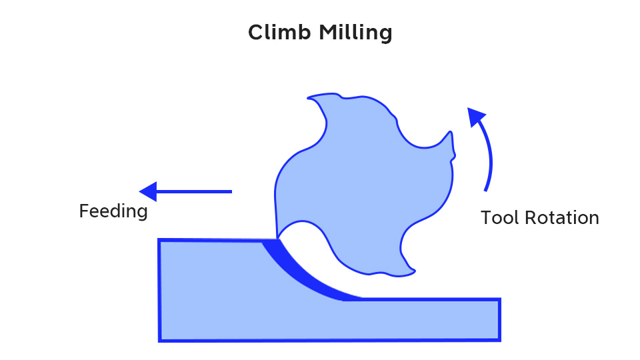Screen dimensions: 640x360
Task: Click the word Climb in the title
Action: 279,32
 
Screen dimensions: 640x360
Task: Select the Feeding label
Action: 113,211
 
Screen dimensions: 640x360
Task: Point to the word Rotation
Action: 562,217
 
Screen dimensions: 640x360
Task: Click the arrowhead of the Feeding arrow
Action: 148,191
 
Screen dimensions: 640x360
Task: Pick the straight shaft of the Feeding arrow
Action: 194,191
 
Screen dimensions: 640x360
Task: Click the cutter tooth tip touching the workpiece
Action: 277,238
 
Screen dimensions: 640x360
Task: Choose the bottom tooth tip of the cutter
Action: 414,271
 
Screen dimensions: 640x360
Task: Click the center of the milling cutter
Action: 363,184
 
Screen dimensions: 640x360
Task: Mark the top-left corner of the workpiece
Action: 159,239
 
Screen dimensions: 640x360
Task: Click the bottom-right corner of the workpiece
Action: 500,341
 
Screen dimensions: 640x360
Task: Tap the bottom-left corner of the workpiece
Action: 159,341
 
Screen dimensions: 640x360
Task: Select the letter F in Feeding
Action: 84,211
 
